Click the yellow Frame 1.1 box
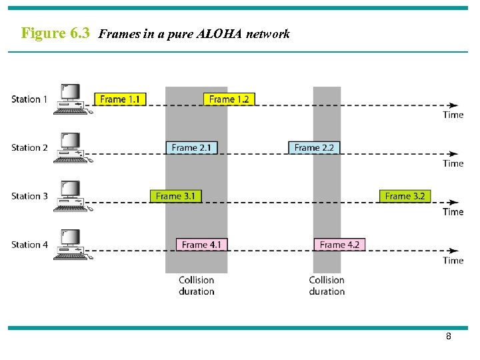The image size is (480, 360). [x=120, y=99]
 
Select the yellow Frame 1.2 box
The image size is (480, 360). [x=229, y=99]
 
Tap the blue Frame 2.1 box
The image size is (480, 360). [x=191, y=147]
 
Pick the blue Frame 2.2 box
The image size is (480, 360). [x=314, y=147]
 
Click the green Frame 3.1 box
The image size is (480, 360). [x=175, y=196]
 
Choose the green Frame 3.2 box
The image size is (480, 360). [x=405, y=196]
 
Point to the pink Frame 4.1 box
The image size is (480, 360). [x=201, y=245]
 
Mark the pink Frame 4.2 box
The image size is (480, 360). [x=339, y=245]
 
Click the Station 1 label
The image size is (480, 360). [x=29, y=99]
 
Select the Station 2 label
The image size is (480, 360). [x=29, y=147]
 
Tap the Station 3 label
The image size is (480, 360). [x=29, y=196]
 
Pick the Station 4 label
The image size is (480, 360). [x=29, y=245]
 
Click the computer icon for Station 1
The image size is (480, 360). [x=70, y=99]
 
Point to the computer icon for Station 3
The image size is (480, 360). [x=70, y=195]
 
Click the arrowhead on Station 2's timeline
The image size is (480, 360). [x=454, y=154]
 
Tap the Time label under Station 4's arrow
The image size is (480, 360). [x=453, y=261]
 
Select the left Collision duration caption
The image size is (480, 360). [x=197, y=285]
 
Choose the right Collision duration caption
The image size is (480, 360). [x=327, y=285]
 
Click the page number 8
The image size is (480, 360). [x=449, y=337]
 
